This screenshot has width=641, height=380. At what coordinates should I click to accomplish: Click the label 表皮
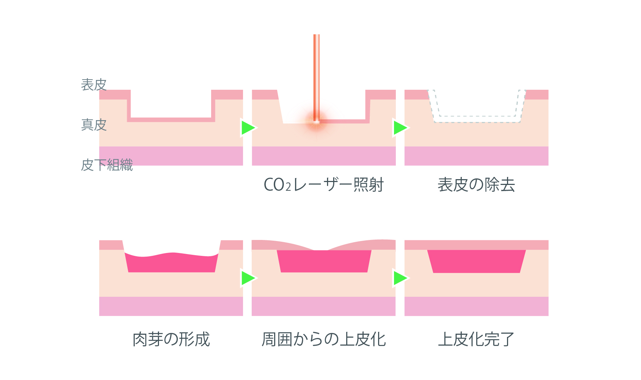pos(94,85)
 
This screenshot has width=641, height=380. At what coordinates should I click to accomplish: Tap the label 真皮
pos(94,124)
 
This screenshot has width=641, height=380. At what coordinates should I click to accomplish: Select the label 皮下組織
pos(107,165)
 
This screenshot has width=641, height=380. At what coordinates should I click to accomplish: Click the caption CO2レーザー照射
pos(323,185)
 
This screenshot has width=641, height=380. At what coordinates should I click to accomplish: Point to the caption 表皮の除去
pos(476,185)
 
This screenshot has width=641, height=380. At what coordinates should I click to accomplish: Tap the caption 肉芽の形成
pos(171,339)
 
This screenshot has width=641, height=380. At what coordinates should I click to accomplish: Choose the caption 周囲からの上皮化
pos(323,339)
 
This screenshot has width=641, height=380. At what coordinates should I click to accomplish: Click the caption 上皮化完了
pos(476,339)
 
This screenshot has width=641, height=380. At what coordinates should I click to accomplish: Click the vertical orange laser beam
pos(317,72)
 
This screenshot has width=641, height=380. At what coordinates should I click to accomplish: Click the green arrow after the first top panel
pos(248,128)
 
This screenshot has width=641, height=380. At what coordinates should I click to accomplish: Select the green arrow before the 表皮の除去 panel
pos(400,128)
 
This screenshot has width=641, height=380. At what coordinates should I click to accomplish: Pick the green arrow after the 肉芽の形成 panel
pos(248,278)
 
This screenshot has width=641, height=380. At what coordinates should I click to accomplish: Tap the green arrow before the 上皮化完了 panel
pos(400,278)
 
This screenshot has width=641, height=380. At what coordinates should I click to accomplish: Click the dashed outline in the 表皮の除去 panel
pos(477,122)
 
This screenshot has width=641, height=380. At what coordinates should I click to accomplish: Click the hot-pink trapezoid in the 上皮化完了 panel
pos(477,261)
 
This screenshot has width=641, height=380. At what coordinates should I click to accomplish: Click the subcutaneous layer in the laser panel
pos(324,156)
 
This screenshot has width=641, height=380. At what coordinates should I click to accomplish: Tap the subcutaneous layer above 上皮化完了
pos(477,306)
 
